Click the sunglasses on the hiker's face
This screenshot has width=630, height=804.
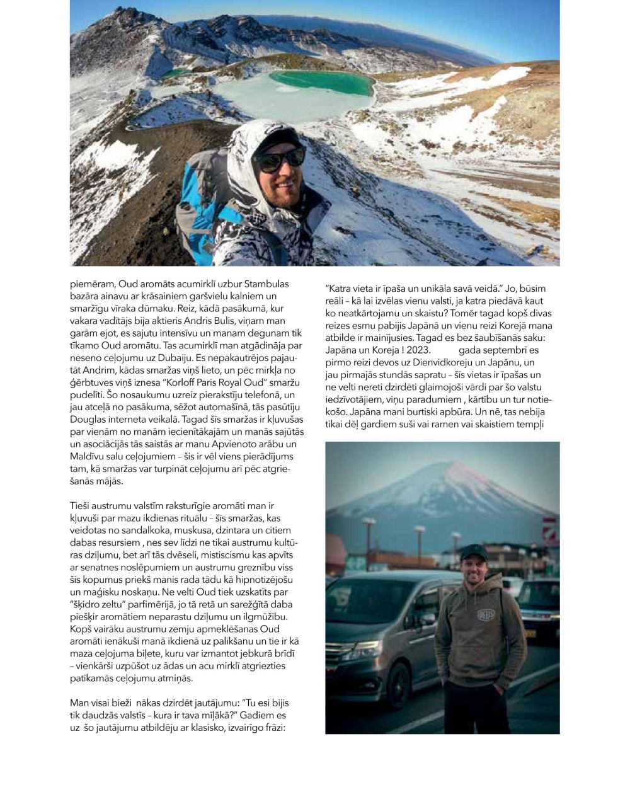(280, 159)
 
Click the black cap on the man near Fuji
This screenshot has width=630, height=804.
(474, 553)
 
